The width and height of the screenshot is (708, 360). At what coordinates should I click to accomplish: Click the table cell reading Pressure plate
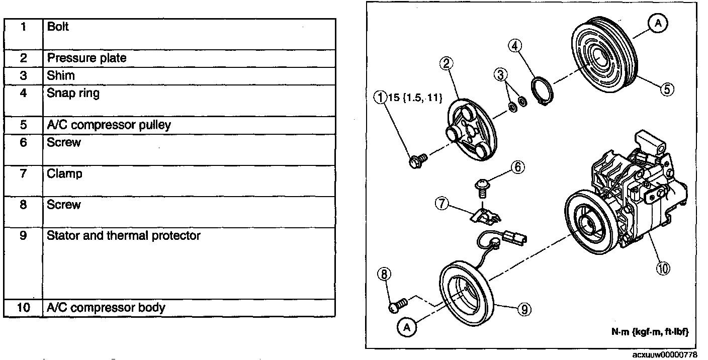point(86,58)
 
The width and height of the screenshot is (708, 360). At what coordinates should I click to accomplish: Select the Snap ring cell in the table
point(73,93)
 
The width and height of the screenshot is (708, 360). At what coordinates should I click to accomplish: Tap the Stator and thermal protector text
point(123,235)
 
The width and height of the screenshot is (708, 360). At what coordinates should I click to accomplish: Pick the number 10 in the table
point(23,307)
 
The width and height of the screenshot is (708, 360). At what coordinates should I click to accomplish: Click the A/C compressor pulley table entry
point(109,125)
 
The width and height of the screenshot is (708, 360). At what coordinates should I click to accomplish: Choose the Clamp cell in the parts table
point(64,174)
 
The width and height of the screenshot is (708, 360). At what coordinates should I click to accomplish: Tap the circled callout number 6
point(518,166)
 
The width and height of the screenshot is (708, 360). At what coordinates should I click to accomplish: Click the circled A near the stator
point(407,327)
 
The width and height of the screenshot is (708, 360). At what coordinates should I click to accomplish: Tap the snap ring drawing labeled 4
point(543,92)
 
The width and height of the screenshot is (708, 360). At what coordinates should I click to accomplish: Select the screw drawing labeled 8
point(400,305)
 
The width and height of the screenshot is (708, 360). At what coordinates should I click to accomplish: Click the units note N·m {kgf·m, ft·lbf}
point(649,332)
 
